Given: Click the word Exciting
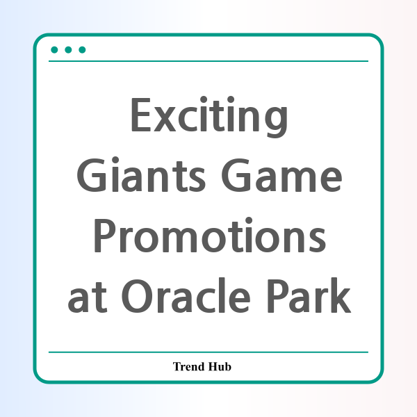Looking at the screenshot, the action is coord(209,117).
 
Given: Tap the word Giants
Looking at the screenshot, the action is coord(141,174).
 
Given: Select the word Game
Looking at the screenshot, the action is coord(281,175).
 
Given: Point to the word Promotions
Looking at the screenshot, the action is coord(210,235).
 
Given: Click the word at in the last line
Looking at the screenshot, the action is coord(88,297).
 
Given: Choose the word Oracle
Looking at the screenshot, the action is coord(186,295).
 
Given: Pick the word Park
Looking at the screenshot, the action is coord(309,295).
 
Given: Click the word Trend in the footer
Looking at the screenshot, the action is coord(189,366).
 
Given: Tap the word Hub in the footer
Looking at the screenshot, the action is coord(220,366).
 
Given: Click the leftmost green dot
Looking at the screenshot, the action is coord(54,50).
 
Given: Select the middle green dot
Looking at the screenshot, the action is coord(68,50).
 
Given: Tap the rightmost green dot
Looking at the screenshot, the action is coord(82,50).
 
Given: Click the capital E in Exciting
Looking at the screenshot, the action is coord(141,115).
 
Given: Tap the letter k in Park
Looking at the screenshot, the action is coord(341,295).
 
